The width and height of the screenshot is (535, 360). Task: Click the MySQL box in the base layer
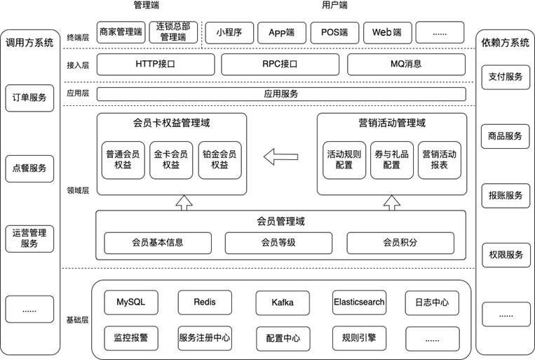coord(130,302)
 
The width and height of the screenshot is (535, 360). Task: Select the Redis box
coord(204,302)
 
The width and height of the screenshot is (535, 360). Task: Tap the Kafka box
coord(283,302)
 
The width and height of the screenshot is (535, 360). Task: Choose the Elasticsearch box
coord(359,302)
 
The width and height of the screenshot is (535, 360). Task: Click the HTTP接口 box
coord(154,65)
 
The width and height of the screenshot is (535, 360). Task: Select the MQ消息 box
coord(406,65)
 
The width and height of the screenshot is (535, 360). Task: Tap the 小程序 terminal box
coord(229,32)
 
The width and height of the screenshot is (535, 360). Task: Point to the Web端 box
coord(386,32)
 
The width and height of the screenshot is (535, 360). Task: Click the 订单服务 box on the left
coord(29,98)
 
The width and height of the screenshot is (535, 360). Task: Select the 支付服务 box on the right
coord(505,76)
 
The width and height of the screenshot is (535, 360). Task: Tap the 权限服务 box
coord(505,255)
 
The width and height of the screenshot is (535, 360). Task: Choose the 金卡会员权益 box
coord(171,160)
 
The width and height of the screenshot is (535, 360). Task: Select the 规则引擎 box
coord(359,338)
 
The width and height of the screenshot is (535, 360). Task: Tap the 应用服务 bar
coord(280,94)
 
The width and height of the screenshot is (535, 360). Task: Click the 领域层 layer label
coord(77,190)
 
